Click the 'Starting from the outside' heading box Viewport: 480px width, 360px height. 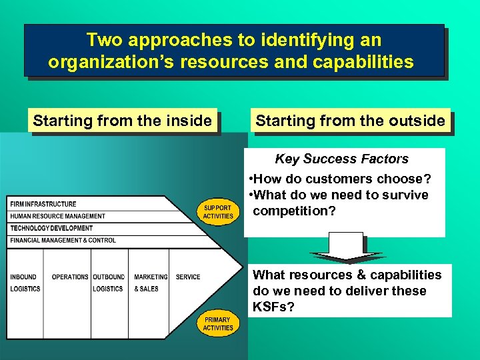[350, 121]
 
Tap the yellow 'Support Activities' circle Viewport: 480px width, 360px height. [219, 211]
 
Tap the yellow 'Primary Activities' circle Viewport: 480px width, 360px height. [218, 324]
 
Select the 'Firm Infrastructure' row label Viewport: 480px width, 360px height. [43, 204]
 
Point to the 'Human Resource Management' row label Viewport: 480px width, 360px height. [57, 216]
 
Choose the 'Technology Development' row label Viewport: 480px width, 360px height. [51, 228]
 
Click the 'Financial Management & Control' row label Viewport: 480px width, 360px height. [63, 240]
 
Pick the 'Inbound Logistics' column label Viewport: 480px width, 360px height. [25, 283]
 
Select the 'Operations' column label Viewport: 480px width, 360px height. [69, 277]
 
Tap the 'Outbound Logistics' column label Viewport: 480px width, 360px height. [108, 283]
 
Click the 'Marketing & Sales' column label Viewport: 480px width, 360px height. [150, 283]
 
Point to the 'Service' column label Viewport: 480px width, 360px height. [188, 277]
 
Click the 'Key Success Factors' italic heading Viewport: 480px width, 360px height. [341, 159]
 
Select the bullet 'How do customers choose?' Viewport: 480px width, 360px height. [339, 179]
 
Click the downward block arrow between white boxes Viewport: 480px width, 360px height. [347, 247]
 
